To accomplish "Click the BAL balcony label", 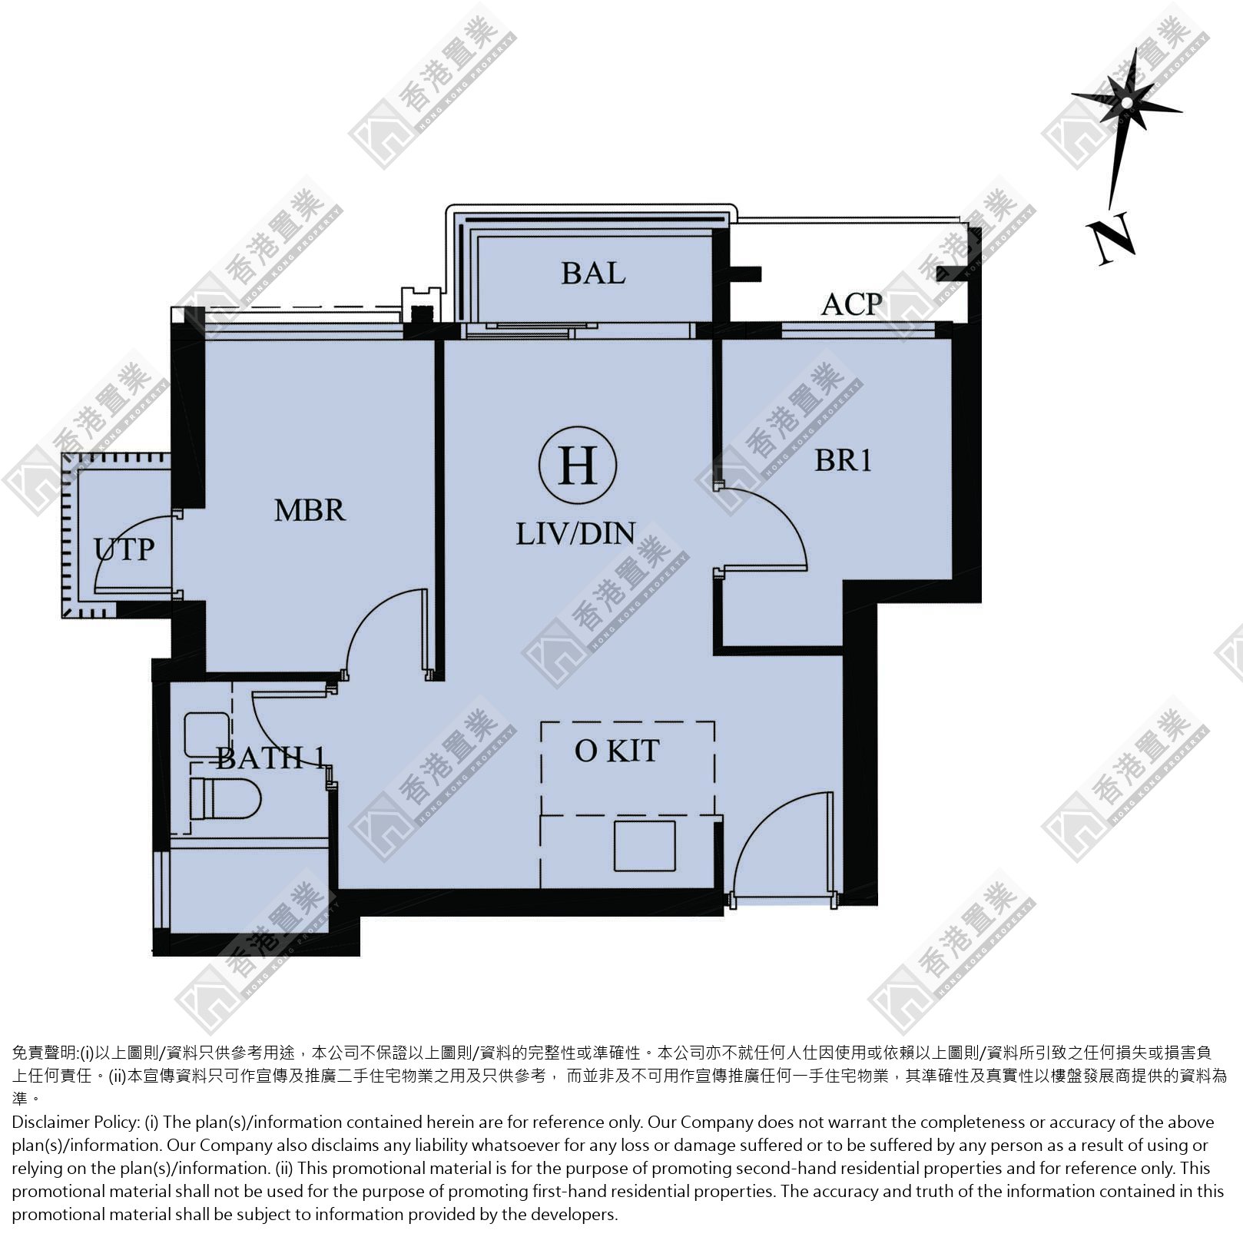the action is [x=593, y=274].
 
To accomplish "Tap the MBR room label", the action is [x=310, y=511].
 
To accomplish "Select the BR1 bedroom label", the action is [x=843, y=460].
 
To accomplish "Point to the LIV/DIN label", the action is [x=575, y=534].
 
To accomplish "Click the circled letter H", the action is [x=578, y=466].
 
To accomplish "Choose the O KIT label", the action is [x=617, y=751].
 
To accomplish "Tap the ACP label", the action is [x=851, y=305].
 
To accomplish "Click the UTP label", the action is [x=124, y=549].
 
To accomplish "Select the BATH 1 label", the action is [x=269, y=758].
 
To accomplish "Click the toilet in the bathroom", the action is [x=226, y=799].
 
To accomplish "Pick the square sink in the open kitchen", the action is [x=645, y=845].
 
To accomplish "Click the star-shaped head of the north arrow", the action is [x=1126, y=102].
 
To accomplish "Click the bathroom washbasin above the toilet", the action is [x=207, y=734].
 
